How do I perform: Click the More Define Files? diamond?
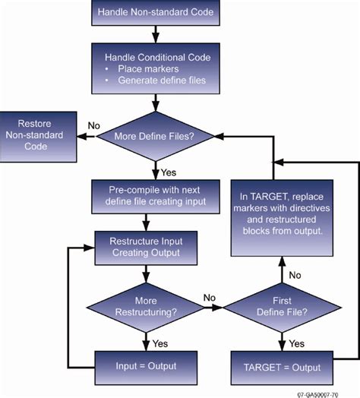(156, 137)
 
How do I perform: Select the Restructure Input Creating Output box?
(144, 247)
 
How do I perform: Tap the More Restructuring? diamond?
(144, 308)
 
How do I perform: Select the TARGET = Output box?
(283, 366)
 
